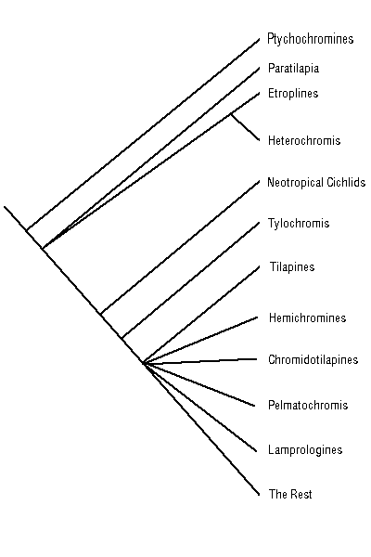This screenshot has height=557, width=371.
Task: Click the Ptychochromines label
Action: [x=311, y=39]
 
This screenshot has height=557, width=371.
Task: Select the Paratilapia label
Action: [x=293, y=68]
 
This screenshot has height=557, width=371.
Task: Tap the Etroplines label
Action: [x=293, y=94]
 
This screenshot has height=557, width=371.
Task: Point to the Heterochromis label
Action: [x=304, y=140]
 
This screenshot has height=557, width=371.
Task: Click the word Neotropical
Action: [x=295, y=183]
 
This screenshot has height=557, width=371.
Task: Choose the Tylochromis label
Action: [x=299, y=224]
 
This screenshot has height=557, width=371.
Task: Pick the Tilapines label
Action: [x=292, y=266]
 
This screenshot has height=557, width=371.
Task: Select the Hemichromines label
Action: [x=307, y=317]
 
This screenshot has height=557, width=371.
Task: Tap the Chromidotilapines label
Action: [x=313, y=359]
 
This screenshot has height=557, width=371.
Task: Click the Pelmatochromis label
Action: [x=308, y=405]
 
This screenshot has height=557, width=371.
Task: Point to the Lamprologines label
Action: [x=305, y=449]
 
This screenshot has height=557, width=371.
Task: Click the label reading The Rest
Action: [x=290, y=494]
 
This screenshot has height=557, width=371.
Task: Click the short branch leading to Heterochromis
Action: [x=245, y=127]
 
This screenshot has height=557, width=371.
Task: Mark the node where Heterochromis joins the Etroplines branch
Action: [x=232, y=114]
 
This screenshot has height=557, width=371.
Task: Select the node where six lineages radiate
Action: [x=143, y=363]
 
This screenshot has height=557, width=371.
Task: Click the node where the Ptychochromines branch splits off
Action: [x=27, y=230]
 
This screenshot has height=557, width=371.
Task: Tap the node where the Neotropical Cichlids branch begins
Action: [x=101, y=314]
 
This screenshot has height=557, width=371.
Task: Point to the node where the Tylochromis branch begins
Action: [x=122, y=338]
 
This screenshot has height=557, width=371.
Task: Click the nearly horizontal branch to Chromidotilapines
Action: [x=200, y=361]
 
